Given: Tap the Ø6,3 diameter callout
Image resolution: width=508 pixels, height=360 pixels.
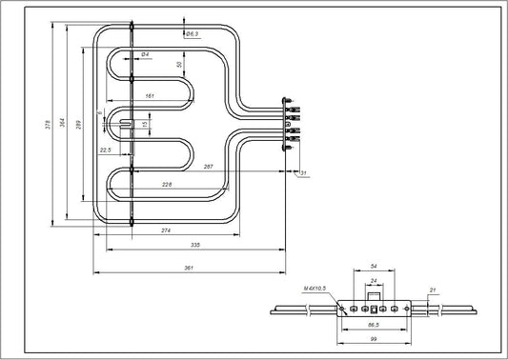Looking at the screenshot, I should click(x=192, y=34).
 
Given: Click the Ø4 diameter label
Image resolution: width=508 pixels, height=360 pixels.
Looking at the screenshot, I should click(x=144, y=54).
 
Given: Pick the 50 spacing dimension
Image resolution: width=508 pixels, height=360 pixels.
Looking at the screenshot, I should click(x=179, y=65).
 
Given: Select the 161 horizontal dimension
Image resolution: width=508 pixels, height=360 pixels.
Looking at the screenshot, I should click(x=150, y=96).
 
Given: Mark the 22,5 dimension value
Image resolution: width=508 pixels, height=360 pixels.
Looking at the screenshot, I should click(x=106, y=150).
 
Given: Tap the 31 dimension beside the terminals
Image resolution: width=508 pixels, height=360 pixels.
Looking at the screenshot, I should click(x=303, y=173).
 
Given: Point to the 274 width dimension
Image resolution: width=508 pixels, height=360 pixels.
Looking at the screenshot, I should click(x=165, y=230).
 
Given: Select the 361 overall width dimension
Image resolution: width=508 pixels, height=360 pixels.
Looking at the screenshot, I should click(x=188, y=269).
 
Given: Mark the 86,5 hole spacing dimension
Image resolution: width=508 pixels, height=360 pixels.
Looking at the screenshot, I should click(x=374, y=326).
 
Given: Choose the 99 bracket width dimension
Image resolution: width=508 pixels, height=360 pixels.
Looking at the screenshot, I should click(x=374, y=340).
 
